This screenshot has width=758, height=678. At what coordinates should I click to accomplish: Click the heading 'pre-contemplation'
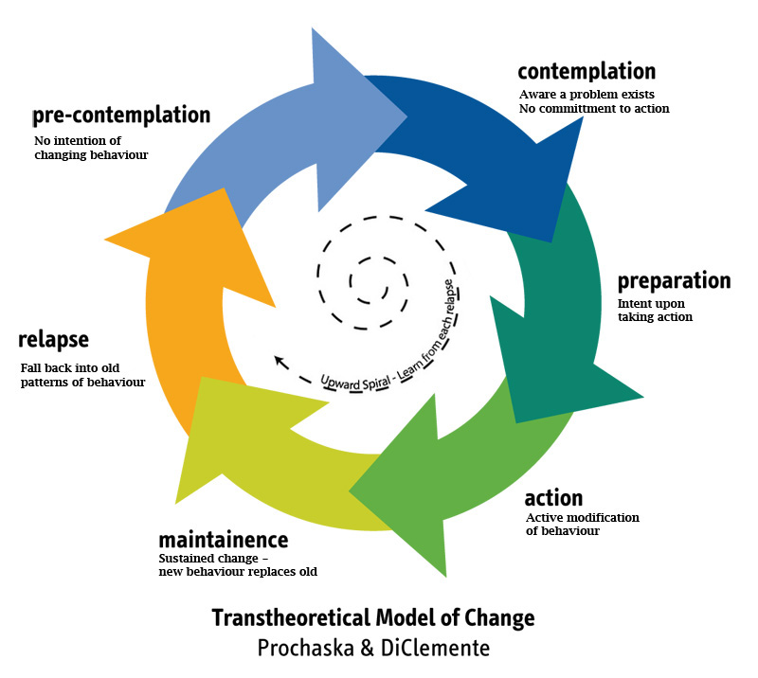pyautogui.click(x=121, y=116)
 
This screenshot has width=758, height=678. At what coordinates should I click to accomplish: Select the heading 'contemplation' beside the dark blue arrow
pyautogui.click(x=587, y=72)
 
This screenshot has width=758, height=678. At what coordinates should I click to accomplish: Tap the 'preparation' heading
pyautogui.click(x=674, y=281)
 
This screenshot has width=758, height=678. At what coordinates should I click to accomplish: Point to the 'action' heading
pyautogui.click(x=553, y=498)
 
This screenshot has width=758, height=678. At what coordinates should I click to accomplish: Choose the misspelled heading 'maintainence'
pyautogui.click(x=223, y=541)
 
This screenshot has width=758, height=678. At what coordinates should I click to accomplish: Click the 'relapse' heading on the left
pyautogui.click(x=53, y=339)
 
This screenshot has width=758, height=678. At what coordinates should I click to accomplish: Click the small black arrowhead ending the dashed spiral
pyautogui.click(x=279, y=360)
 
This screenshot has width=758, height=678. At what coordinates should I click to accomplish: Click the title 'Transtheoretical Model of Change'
pyautogui.click(x=373, y=618)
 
